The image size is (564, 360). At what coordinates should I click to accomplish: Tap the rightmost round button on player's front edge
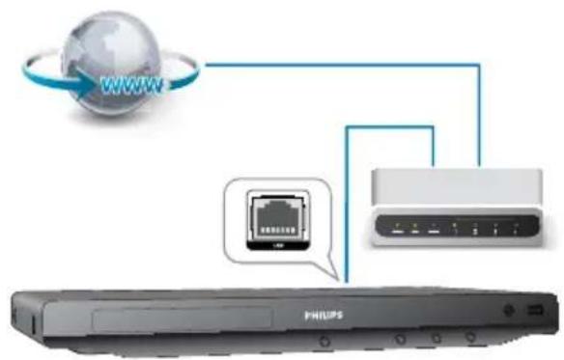(471, 338)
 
